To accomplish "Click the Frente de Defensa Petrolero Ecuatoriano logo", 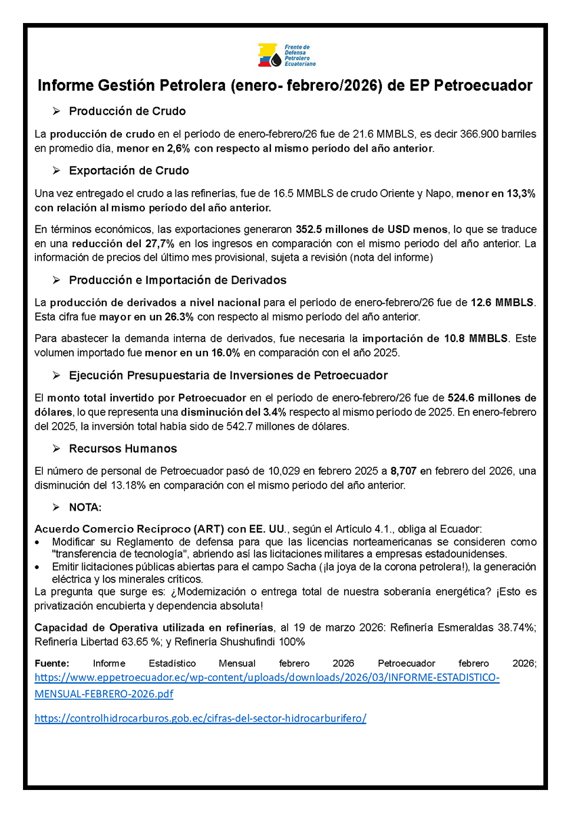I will coord(285,54).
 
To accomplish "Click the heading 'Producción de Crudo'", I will coord(127,111).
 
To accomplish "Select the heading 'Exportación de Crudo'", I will coord(129,171).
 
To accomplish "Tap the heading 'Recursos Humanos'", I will coord(123,449).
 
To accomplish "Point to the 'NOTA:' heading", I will coord(85,507).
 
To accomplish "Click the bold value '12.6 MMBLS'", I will coord(501,301).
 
